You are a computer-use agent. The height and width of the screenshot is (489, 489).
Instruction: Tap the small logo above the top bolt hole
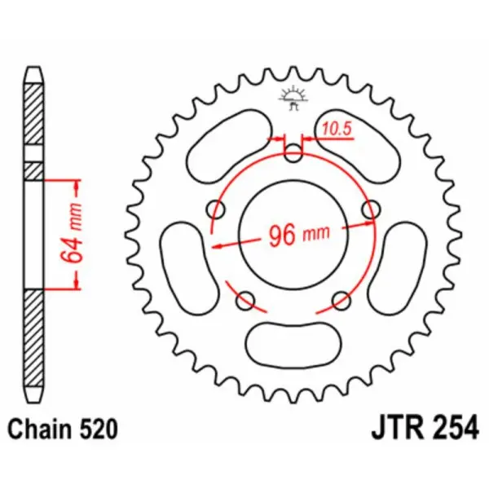tap(293, 97)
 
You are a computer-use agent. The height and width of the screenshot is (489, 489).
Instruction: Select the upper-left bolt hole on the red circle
tap(217, 209)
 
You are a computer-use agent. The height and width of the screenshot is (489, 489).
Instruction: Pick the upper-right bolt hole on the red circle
tap(371, 209)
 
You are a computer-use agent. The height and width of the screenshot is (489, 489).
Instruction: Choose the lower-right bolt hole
tap(341, 301)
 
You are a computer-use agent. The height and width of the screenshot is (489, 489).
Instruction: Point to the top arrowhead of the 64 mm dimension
tap(77, 185)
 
